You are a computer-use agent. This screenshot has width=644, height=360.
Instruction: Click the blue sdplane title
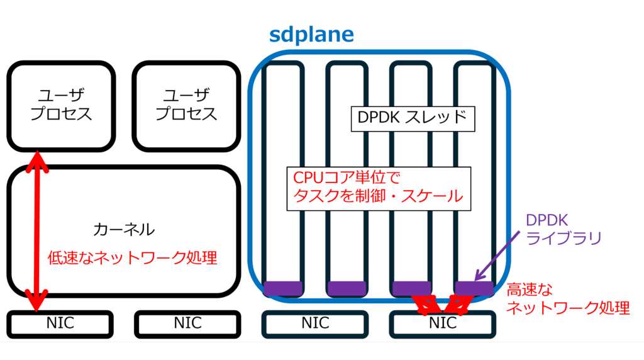click(311, 34)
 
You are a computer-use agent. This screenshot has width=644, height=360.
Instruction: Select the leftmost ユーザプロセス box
click(61, 105)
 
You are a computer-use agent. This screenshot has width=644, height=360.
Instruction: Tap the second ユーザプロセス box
click(186, 105)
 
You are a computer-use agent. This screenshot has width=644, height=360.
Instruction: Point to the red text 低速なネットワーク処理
click(133, 257)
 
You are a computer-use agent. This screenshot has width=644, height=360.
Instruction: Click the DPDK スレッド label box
click(411, 117)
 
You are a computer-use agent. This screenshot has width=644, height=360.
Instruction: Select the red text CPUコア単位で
click(347, 176)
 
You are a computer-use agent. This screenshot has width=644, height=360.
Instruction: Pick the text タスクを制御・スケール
click(378, 196)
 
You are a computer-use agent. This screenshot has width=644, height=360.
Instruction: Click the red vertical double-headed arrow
click(38, 232)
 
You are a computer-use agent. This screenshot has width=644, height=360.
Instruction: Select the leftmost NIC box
click(60, 323)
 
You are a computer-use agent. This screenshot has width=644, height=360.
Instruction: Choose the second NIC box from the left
click(187, 323)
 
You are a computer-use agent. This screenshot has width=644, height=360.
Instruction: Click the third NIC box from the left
click(314, 323)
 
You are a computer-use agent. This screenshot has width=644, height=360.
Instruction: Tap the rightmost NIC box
click(442, 323)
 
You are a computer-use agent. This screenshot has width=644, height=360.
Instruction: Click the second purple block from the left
click(347, 288)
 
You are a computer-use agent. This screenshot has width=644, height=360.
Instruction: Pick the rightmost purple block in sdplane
click(474, 288)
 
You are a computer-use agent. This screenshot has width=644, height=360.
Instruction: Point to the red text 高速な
click(530, 290)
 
